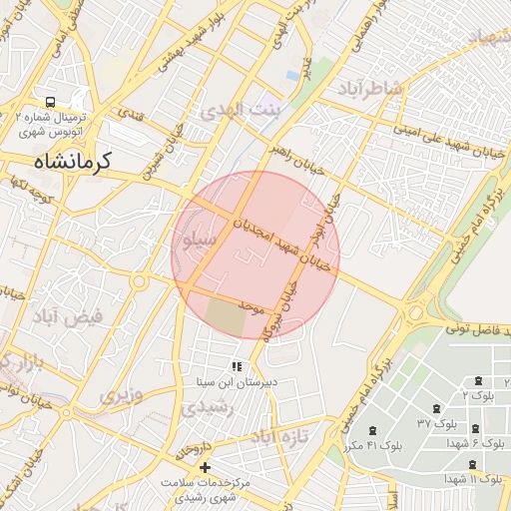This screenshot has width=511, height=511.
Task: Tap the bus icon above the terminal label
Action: (50, 102)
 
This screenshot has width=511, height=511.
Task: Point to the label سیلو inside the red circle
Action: (197, 241)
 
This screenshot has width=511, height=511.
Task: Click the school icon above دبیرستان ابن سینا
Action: (237, 366)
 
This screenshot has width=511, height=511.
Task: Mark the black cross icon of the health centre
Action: (205, 467)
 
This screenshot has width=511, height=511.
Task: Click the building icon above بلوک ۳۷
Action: (436, 409)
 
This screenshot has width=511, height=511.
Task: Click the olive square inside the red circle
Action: (226, 316)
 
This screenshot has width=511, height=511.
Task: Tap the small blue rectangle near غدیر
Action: (290, 75)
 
